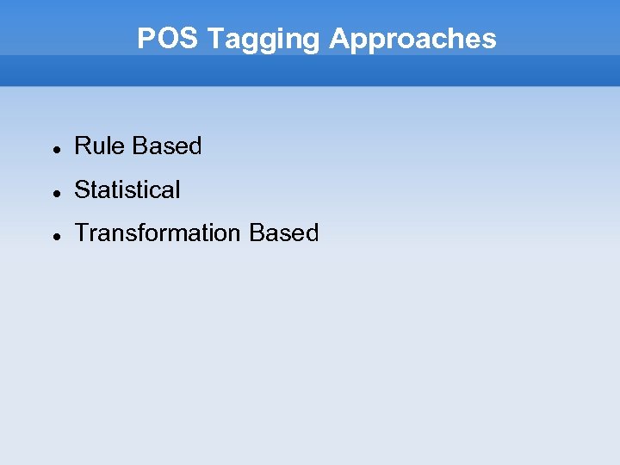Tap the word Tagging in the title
coord(264,39)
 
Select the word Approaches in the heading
coord(412,39)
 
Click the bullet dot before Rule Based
coord(55,148)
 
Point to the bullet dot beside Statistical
coord(55,192)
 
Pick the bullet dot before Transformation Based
coord(55,235)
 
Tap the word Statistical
coord(127,189)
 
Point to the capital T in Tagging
coord(215,39)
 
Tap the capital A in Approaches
coord(338,39)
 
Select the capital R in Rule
coord(82,146)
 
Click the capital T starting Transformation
coord(81,233)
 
